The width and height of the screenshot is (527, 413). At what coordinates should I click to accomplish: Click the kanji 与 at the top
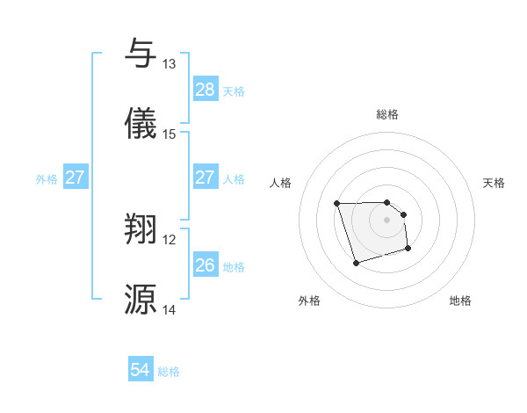(141, 53)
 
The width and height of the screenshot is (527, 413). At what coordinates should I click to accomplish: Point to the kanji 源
(141, 299)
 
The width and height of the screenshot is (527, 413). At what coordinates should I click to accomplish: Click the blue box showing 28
(206, 90)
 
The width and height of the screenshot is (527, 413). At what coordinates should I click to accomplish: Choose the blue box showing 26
(206, 265)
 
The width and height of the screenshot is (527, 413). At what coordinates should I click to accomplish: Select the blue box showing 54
(141, 371)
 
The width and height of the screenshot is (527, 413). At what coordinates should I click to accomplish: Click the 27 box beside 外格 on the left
(75, 178)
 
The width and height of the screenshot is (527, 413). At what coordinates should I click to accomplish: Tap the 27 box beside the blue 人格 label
(206, 178)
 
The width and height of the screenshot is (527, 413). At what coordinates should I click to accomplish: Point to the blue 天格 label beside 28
(234, 91)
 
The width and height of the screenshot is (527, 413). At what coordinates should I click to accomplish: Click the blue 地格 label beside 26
(234, 266)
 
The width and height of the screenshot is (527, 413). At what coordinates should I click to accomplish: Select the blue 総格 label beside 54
(169, 372)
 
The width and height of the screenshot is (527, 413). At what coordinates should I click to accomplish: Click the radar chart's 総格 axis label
(387, 114)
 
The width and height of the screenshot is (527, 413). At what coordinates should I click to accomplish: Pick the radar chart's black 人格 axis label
(281, 183)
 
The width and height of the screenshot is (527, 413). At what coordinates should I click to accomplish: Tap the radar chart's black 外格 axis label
(309, 301)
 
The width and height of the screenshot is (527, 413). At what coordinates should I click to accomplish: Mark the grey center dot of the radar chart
(386, 220)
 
